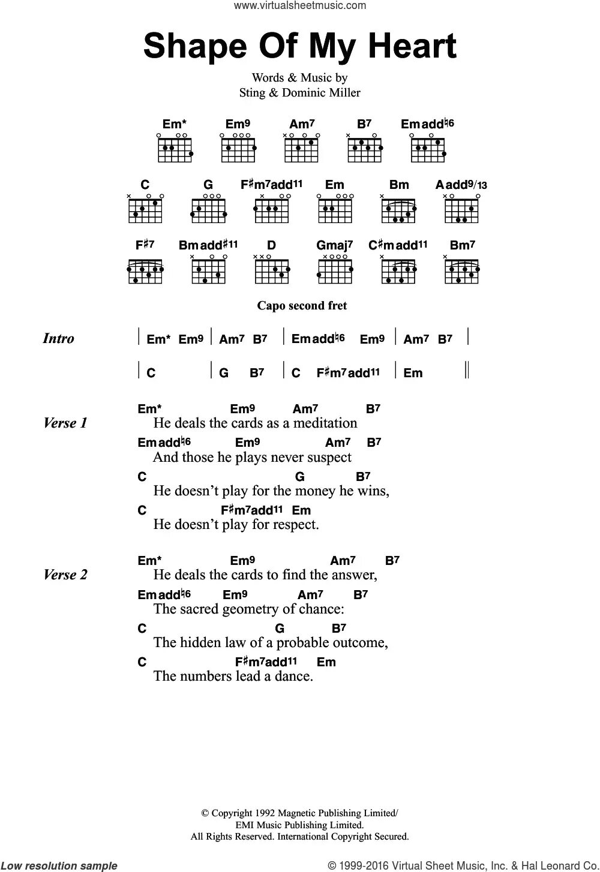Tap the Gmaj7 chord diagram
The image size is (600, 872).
coord(335,270)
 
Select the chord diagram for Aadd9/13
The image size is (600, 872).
coord(462,210)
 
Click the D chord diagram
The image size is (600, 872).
coord(272,270)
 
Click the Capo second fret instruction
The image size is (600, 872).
coord(302,305)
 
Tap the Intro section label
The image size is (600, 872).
coord(59,338)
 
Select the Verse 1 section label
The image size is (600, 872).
coord(65,423)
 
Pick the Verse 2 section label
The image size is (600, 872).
coord(65,575)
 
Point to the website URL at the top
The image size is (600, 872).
coord(299,5)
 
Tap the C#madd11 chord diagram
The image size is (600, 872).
coord(398,270)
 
